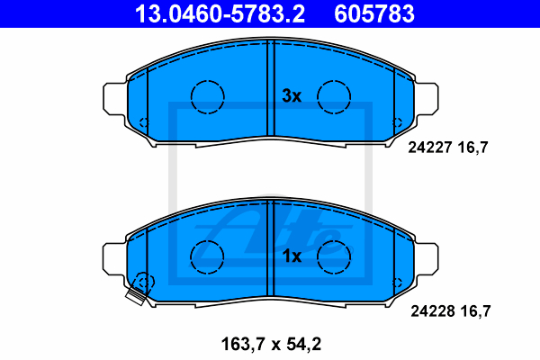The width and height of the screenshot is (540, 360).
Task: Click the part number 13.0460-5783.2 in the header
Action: tap(220, 13)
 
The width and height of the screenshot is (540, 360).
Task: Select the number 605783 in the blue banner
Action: tap(374, 13)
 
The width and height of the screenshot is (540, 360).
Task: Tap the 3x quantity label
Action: tap(292, 95)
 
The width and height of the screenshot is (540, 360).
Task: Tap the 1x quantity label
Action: tap(292, 256)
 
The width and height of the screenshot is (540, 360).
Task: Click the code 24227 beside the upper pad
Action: tap(430, 148)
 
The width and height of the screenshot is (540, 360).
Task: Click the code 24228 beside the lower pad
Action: tap(433, 311)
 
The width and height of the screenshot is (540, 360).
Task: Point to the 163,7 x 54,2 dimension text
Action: tap(271, 344)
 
